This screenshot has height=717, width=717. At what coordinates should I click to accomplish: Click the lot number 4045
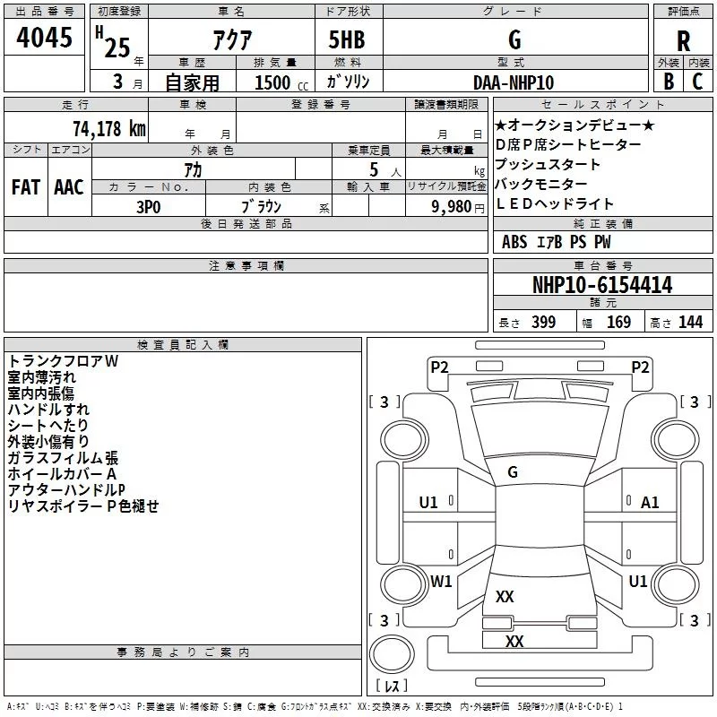pos(44,39)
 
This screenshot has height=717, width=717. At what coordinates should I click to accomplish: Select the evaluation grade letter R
pos(683,42)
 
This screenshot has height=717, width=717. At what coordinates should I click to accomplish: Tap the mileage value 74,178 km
pos(108,128)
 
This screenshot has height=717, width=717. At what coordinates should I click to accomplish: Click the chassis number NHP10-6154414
pos(601,286)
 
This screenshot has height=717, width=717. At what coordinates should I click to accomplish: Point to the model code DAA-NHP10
pos(514,82)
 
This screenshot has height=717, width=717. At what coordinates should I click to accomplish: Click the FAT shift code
pos(25,187)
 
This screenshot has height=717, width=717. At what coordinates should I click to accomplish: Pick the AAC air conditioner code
pos(69,187)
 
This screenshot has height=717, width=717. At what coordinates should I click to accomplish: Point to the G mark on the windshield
pos(513,471)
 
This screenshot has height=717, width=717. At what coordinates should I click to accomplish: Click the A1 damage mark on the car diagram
pos(650,503)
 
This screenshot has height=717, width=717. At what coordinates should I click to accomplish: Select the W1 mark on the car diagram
pos(440,582)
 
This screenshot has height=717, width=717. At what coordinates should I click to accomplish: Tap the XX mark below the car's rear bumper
pos(514,641)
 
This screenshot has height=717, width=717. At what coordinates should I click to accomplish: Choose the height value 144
pos(690,323)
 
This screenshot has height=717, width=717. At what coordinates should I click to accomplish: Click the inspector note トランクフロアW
pos(63,361)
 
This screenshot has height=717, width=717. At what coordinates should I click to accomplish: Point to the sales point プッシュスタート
pos(548,165)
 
